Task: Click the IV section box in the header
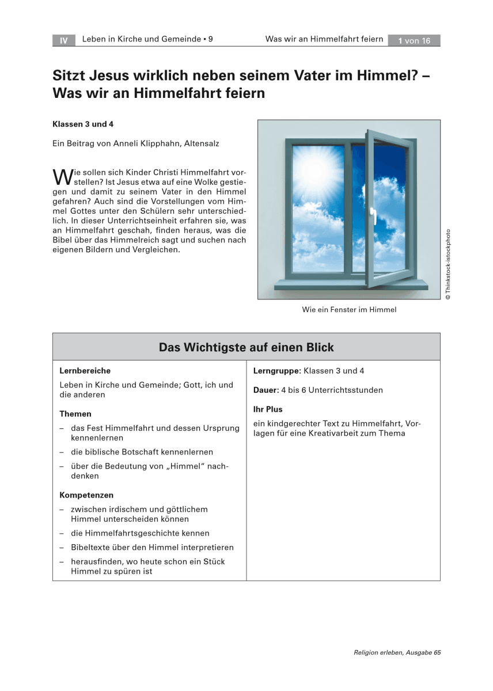[63, 40]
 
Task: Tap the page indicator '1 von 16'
[414, 40]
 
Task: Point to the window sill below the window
[351, 284]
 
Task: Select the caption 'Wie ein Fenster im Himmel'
[349, 310]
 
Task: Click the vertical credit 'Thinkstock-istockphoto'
[449, 264]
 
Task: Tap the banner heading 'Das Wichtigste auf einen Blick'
[246, 347]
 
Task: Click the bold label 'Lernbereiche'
[85, 371]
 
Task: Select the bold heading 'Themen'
[75, 413]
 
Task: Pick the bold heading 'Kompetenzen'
[86, 495]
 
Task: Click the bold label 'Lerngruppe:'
[277, 371]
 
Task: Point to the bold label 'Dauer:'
[266, 390]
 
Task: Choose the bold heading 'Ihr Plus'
[268, 409]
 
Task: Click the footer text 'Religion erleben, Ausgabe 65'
[397, 652]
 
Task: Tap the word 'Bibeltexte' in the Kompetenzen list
[91, 547]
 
